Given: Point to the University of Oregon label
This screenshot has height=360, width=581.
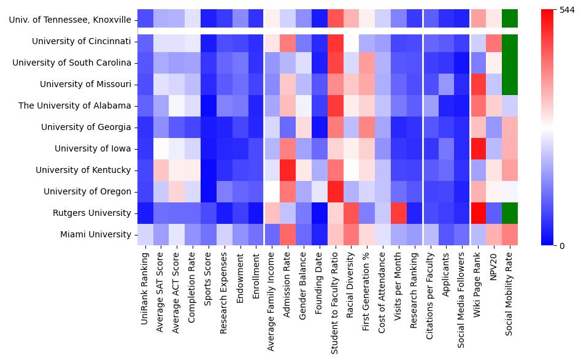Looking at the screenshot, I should pyautogui.click(x=87, y=191).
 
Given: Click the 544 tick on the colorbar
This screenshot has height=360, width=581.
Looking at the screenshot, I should pyautogui.click(x=568, y=10).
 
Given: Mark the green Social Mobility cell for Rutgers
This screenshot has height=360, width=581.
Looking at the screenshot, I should pyautogui.click(x=510, y=213).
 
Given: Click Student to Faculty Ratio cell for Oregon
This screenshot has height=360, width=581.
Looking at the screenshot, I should pyautogui.click(x=335, y=191).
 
